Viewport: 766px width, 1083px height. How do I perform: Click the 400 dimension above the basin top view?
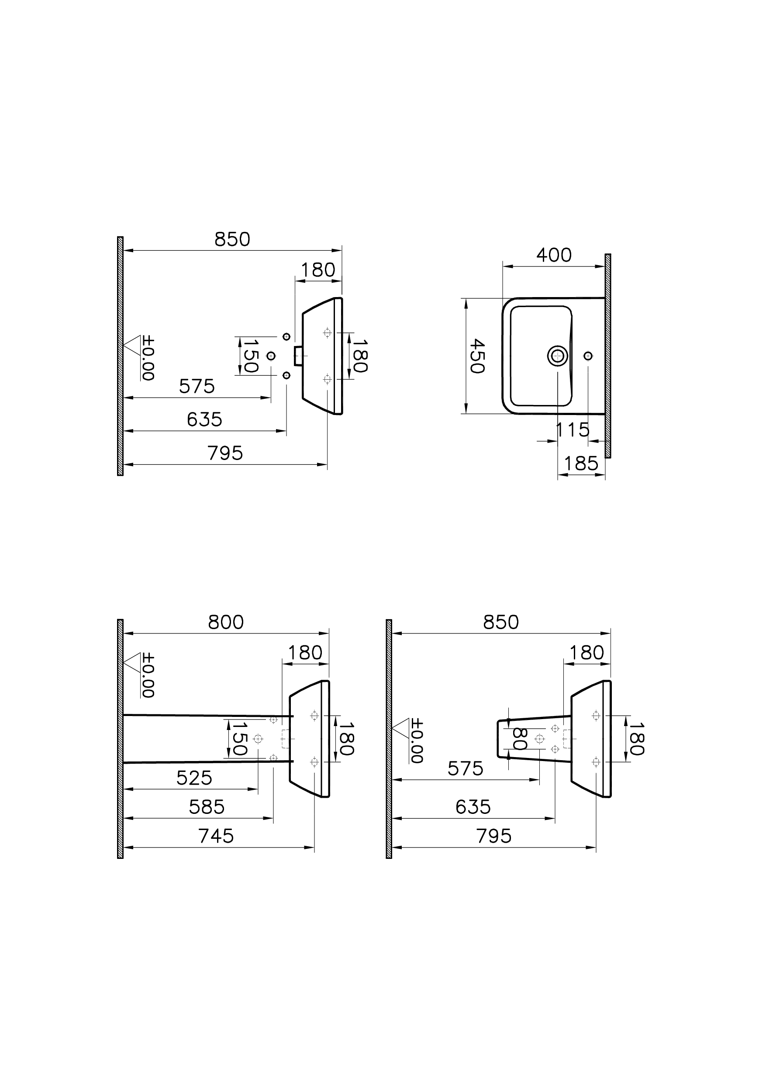pos(554,255)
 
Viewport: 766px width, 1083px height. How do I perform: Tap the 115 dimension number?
pos(573,430)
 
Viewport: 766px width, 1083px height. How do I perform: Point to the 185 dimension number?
pos(581,464)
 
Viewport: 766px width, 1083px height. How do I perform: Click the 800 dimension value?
pos(226,623)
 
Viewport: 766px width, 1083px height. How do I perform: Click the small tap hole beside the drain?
pos(588,356)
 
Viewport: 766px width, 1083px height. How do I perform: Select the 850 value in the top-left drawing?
pos(232,240)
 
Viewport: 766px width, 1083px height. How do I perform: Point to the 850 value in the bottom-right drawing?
pos(501,623)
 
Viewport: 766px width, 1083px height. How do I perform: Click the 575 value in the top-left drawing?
pos(197,387)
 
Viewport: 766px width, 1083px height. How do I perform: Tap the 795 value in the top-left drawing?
pos(225,453)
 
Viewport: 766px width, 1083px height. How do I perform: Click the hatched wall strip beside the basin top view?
pos(607,356)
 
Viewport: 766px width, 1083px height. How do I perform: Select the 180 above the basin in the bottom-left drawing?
pos(305,653)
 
